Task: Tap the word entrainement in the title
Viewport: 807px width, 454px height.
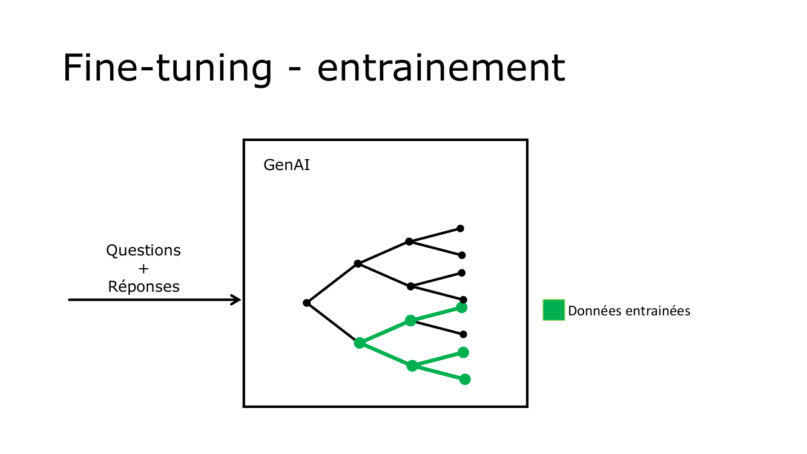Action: click(x=441, y=68)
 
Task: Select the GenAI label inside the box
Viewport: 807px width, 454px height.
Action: click(x=286, y=165)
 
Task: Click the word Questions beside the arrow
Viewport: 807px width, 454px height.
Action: click(x=143, y=250)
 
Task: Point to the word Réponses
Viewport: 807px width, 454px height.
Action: click(x=143, y=286)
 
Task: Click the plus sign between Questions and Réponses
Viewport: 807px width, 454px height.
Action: click(x=143, y=268)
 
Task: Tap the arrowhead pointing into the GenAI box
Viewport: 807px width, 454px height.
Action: click(x=236, y=300)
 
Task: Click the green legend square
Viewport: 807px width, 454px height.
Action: click(x=553, y=310)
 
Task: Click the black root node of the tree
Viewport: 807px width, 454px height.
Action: click(x=307, y=303)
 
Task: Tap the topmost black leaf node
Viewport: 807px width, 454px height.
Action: click(x=460, y=228)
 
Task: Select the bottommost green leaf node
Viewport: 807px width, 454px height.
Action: click(x=465, y=380)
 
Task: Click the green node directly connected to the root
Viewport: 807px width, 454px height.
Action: click(x=360, y=343)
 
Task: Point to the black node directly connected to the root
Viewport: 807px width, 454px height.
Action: click(x=358, y=263)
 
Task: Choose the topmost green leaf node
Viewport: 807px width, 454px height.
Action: click(x=461, y=308)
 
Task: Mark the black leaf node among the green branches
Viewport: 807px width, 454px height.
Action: click(x=463, y=334)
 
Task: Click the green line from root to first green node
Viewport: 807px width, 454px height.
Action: click(x=333, y=323)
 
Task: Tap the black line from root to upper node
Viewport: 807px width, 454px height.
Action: click(x=332, y=283)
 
